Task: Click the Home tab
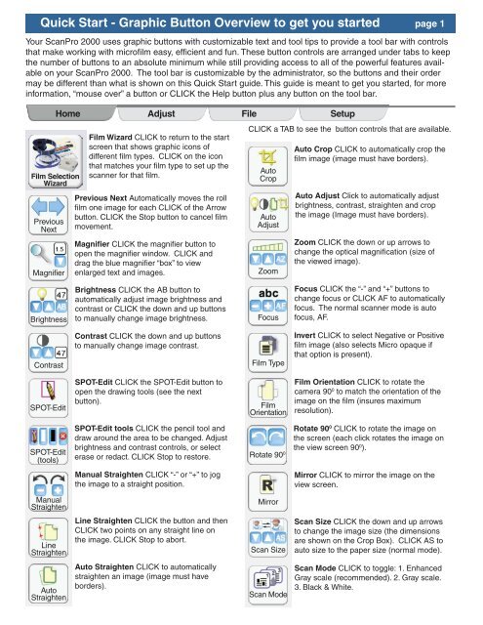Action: point(68,113)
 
